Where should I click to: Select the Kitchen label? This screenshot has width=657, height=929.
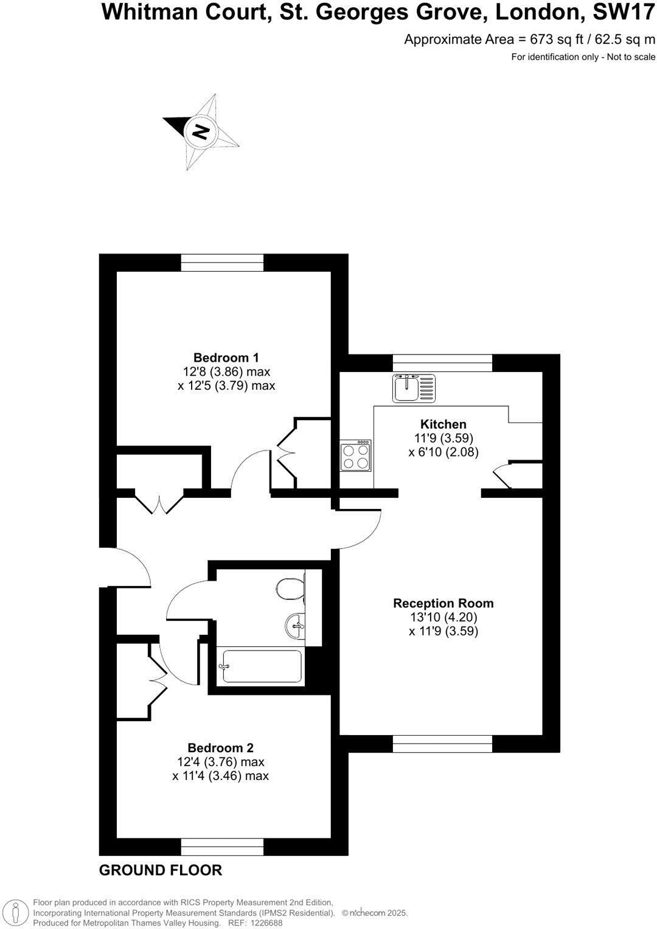[x=443, y=424]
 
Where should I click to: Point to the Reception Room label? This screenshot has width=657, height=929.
[x=443, y=603]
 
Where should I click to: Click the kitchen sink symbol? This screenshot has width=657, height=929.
[x=414, y=388]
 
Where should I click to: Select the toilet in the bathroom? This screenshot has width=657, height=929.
[x=291, y=588]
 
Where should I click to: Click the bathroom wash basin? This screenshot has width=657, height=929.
[x=296, y=625]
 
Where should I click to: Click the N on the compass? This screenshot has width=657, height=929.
[x=200, y=131]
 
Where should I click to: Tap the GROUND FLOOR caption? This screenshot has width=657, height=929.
[x=161, y=871]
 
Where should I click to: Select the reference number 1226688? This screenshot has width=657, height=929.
[x=264, y=922]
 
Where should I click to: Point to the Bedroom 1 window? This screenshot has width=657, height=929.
[x=222, y=263]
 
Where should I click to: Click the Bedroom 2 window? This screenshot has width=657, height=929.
[x=222, y=846]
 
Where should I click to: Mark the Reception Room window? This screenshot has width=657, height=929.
[x=442, y=744]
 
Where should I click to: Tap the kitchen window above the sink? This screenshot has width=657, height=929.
[x=442, y=363]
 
